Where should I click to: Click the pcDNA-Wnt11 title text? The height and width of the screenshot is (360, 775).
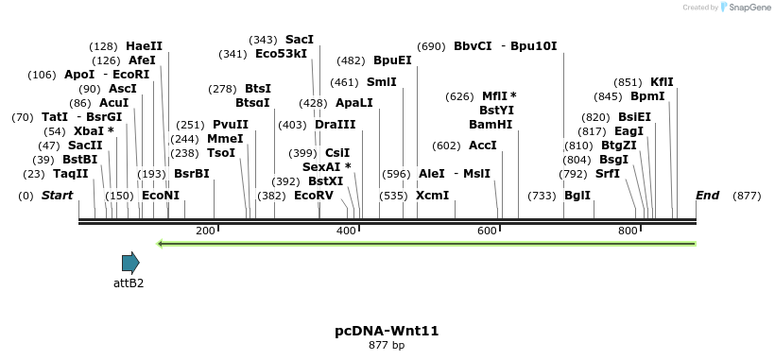(387, 331)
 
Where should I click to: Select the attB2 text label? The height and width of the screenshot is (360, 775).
(129, 283)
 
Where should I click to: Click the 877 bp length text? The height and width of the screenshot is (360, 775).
(387, 346)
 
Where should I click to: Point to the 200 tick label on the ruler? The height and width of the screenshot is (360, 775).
(205, 231)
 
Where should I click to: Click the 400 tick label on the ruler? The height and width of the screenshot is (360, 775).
(346, 231)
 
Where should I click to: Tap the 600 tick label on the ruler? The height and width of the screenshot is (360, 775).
(487, 231)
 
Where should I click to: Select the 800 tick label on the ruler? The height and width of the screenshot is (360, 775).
(628, 231)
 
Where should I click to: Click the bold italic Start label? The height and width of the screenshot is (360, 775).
(58, 196)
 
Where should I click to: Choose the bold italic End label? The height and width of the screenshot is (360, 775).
(707, 196)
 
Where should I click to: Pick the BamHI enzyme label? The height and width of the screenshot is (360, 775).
(491, 124)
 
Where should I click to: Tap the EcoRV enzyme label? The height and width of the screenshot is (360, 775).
(314, 196)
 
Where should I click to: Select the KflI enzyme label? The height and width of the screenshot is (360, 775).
(662, 82)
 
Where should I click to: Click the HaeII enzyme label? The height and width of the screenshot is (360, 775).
(144, 45)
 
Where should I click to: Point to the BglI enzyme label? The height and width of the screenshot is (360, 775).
(577, 196)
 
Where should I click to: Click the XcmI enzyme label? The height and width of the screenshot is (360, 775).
(432, 196)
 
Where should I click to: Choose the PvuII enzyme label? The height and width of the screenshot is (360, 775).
(231, 124)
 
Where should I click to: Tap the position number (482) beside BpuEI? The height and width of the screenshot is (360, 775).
(351, 60)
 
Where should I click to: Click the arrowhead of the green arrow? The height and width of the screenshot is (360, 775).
(162, 244)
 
